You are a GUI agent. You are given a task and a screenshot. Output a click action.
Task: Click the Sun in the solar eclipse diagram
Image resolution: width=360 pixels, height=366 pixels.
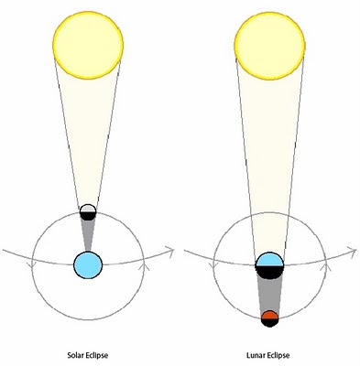pos(88,44)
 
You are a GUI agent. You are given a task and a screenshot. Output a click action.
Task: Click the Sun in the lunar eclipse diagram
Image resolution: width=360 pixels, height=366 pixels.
pos(269,46)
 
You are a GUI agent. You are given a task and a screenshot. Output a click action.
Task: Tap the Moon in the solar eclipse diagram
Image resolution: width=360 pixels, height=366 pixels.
pos(88,212)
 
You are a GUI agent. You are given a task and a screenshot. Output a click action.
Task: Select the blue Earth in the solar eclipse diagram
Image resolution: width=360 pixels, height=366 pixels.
pos(88,265)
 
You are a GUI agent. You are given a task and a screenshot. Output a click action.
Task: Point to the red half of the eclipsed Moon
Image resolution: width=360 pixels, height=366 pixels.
pos(269,315)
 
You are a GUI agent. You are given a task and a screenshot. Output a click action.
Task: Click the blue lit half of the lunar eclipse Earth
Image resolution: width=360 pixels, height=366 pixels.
pos(269,259)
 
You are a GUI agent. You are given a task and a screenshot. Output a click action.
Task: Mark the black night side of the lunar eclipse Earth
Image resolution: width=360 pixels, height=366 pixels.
pos(269,272)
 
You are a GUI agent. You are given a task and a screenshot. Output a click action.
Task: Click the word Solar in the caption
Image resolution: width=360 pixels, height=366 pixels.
pos(75,355)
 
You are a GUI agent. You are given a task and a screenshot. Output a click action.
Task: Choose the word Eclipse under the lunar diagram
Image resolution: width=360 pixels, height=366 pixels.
pos(278,356)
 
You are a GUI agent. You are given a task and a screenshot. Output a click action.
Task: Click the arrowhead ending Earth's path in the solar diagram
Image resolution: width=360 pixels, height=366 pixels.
pos(171,251)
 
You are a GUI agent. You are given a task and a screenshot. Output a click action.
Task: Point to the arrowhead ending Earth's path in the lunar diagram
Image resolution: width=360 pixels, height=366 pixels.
pos(353,251)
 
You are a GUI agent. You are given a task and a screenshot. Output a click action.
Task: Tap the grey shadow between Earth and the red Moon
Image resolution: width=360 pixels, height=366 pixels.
pos(269,295)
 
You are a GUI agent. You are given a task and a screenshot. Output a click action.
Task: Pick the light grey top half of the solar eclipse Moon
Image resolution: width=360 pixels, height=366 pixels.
pos(88,209)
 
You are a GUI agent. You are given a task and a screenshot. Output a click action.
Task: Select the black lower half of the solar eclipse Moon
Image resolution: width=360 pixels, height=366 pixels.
pos(88,216)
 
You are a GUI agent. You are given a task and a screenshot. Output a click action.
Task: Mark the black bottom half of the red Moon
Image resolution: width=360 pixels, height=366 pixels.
pos(269,323)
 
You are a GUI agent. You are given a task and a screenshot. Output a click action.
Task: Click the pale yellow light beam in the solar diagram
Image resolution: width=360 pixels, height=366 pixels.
pos(88,137)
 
